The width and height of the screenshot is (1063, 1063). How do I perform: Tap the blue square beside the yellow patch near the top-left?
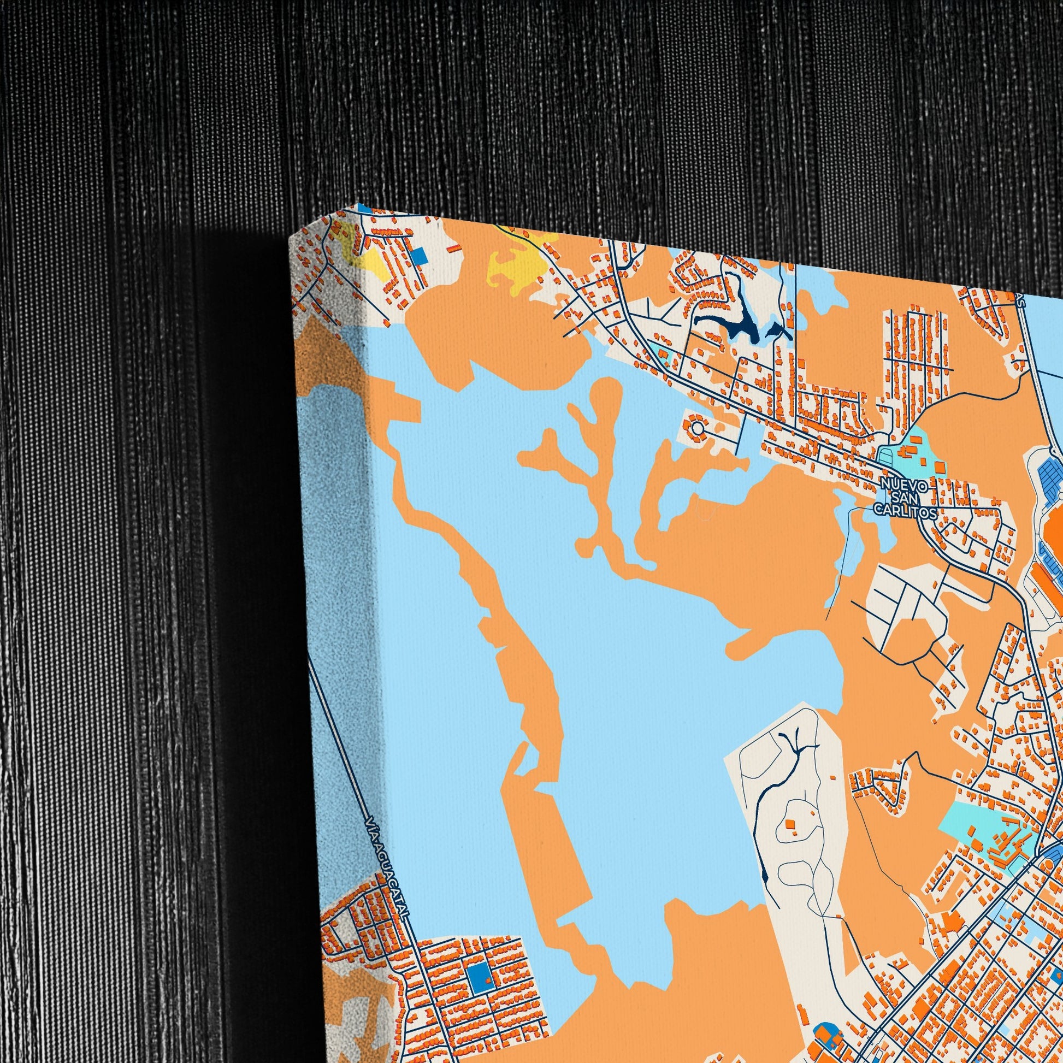(420, 255)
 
